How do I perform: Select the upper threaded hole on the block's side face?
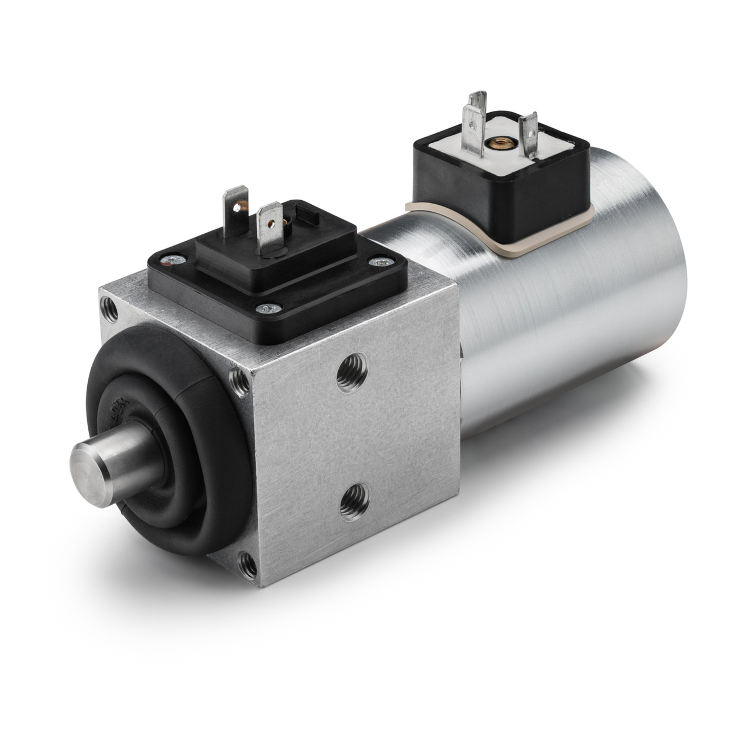point(351,372)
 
